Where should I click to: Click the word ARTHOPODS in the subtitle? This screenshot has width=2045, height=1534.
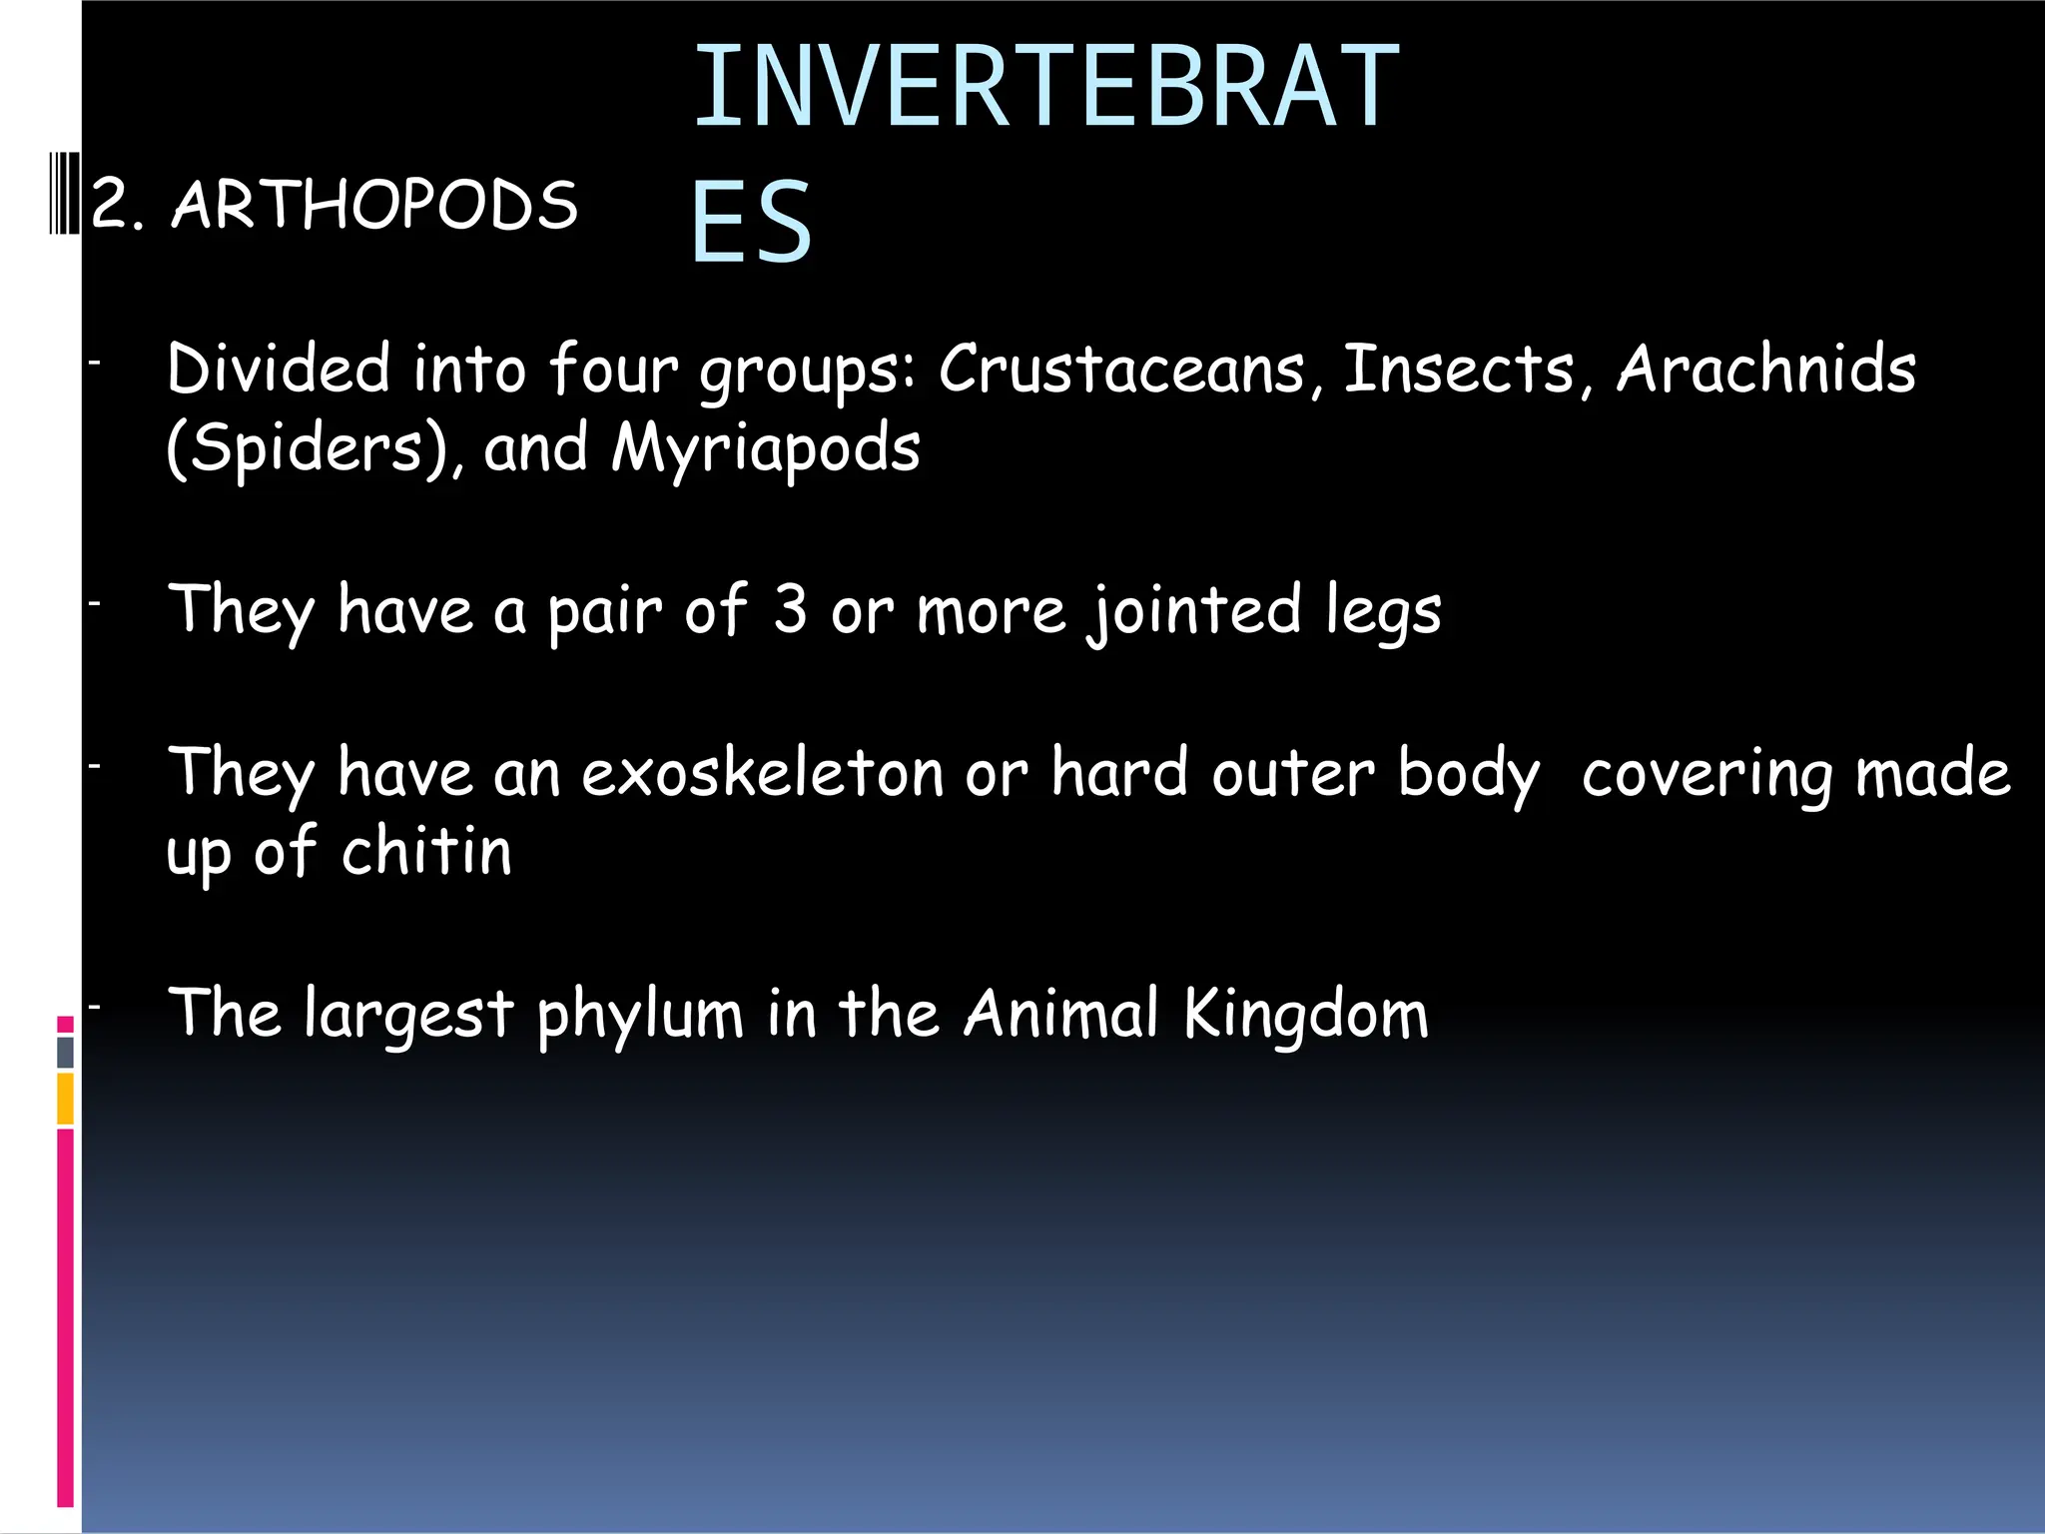tap(374, 206)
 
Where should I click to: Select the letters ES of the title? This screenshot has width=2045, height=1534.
tap(751, 222)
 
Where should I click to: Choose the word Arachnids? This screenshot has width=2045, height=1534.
tap(1765, 370)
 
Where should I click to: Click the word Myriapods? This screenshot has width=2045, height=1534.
tap(765, 448)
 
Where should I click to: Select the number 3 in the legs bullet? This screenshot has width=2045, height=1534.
tap(790, 609)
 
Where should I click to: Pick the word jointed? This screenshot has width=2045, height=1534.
tap(1194, 611)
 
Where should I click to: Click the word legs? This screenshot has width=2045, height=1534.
tap(1383, 611)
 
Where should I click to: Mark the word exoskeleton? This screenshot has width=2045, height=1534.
tap(763, 774)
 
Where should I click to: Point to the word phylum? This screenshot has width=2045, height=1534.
tap(640, 1015)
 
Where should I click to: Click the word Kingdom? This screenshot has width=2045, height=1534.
tap(1306, 1015)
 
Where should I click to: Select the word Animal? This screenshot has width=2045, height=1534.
tap(1061, 1015)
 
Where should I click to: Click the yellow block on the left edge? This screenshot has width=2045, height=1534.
tap(65, 1099)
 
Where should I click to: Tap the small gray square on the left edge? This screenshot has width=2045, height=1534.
tap(65, 1052)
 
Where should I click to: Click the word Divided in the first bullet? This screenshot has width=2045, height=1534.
tap(278, 370)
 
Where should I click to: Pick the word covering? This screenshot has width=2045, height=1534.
tap(1706, 774)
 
